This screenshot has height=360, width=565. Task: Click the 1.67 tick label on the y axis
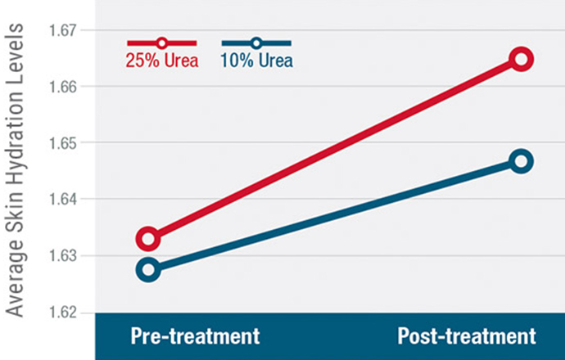[x=63, y=30]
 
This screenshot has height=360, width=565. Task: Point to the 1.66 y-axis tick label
[x=63, y=87]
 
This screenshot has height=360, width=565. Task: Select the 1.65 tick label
[x=63, y=143]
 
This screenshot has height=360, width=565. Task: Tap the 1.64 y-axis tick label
[x=63, y=199]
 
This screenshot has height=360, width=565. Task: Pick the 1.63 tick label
[x=63, y=255]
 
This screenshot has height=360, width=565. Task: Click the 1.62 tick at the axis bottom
[x=63, y=312]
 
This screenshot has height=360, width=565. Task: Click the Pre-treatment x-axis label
[x=195, y=336]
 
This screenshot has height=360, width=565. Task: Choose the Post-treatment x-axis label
[x=467, y=336]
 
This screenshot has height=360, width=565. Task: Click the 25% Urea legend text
[x=162, y=61]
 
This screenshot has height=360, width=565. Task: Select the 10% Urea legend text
[x=256, y=61]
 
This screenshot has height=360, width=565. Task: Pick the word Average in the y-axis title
[x=16, y=277]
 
